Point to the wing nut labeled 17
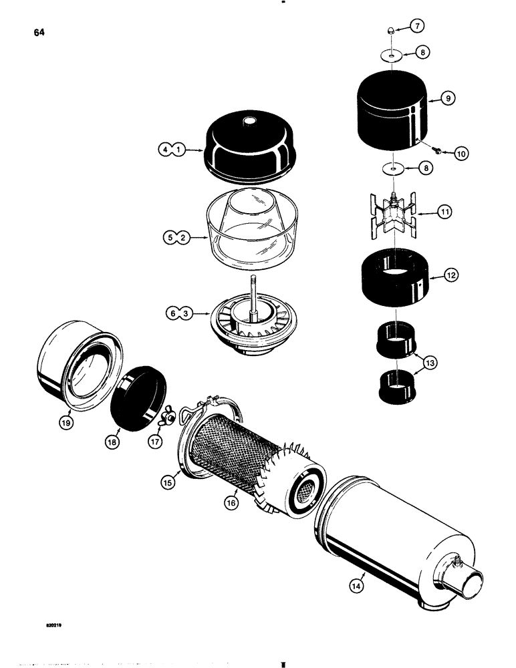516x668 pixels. click(169, 417)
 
